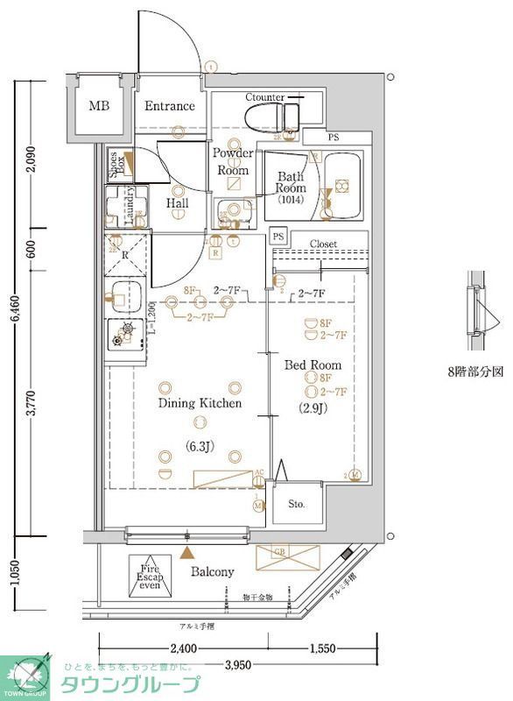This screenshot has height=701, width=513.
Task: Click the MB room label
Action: (x=99, y=107)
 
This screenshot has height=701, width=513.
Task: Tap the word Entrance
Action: (x=169, y=106)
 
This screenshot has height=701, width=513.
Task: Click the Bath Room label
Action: (x=290, y=181)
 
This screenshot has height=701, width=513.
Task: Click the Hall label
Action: (x=177, y=203)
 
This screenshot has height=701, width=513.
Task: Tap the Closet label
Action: (x=323, y=244)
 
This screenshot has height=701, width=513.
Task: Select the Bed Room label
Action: (x=312, y=365)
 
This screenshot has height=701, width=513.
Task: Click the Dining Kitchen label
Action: (x=199, y=403)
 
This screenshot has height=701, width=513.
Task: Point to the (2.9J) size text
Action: (x=312, y=407)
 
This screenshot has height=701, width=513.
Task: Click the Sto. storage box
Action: (x=297, y=504)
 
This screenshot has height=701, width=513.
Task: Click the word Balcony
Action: (x=213, y=572)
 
